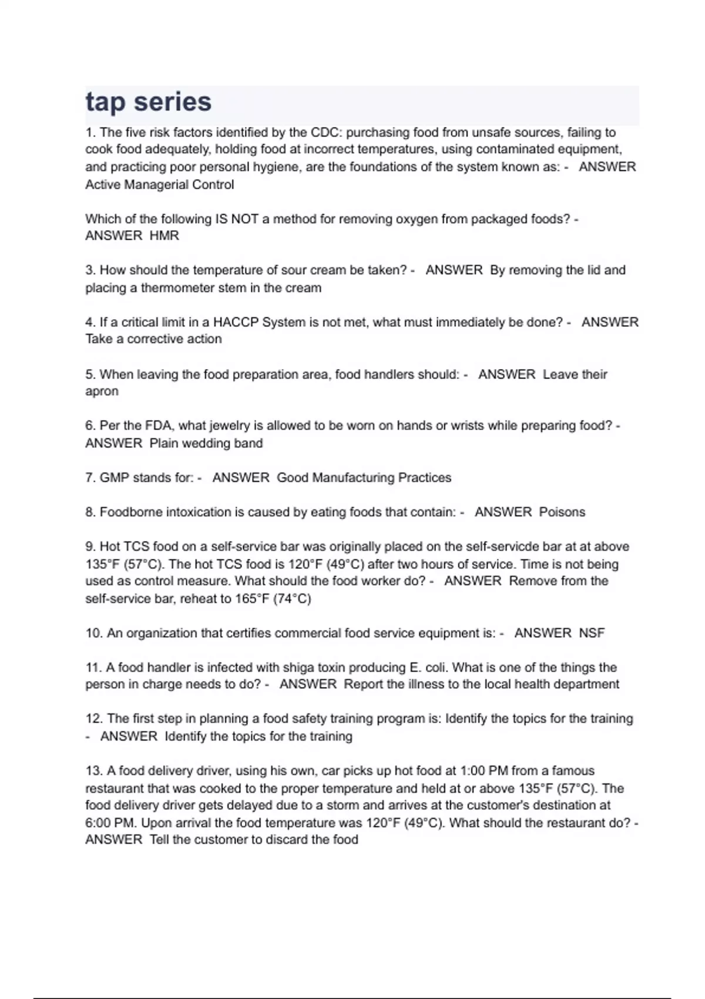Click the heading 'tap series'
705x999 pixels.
tap(148, 102)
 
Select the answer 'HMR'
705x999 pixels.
tap(164, 236)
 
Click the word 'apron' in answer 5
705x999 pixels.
tap(102, 391)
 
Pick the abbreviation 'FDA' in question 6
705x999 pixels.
tap(158, 425)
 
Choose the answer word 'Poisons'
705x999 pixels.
tap(562, 512)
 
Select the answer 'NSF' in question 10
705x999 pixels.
tap(592, 633)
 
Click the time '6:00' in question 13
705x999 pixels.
tap(99, 823)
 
